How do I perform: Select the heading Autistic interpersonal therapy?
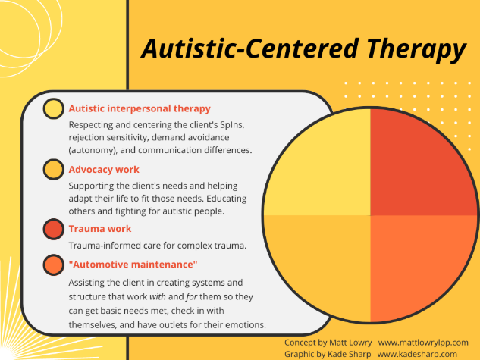tap(140, 108)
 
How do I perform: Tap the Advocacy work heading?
tap(104, 169)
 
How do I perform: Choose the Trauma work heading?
tap(99, 228)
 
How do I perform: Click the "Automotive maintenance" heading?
tap(133, 264)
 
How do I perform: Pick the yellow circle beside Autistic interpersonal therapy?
tap(53, 109)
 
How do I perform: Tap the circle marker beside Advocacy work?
tap(53, 169)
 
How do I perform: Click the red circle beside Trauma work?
tap(53, 229)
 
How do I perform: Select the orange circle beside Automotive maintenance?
tap(53, 265)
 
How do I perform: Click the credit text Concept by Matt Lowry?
tap(328, 343)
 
